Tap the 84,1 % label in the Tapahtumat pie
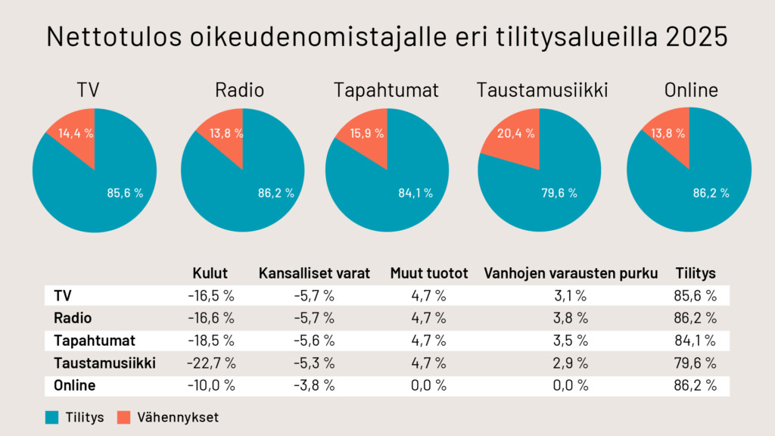[416, 193]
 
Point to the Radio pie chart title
[240, 90]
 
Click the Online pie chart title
[690, 90]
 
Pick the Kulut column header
[210, 273]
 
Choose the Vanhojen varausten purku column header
[571, 273]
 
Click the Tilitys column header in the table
[696, 273]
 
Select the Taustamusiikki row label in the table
[104, 363]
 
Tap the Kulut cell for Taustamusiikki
[211, 363]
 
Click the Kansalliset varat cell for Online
[314, 385]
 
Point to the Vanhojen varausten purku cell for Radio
[571, 318]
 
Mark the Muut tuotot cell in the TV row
[429, 295]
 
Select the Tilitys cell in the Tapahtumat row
[696, 341]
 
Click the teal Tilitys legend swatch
[52, 416]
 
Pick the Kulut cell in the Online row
[211, 385]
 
